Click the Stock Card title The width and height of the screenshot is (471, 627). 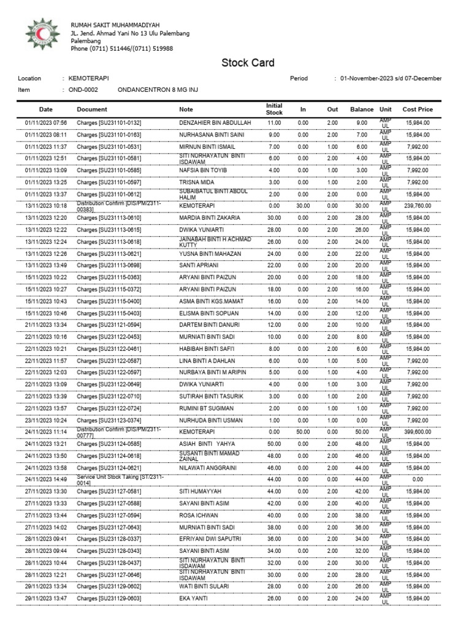click(248, 63)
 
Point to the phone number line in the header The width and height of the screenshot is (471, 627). click(121, 48)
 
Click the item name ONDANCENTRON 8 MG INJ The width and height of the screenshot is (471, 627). click(156, 89)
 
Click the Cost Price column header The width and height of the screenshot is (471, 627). click(417, 109)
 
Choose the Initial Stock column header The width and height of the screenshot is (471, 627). click(274, 109)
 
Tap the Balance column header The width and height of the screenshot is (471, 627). click(361, 109)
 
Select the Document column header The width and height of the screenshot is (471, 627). click(92, 109)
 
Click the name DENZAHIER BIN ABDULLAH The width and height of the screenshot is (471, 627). click(215, 122)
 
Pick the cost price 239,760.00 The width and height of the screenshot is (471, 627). click(417, 206)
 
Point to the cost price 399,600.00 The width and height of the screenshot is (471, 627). click(417, 432)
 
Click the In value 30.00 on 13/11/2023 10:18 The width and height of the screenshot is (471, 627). click(303, 206)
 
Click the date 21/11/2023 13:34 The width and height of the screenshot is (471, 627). click(42, 325)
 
